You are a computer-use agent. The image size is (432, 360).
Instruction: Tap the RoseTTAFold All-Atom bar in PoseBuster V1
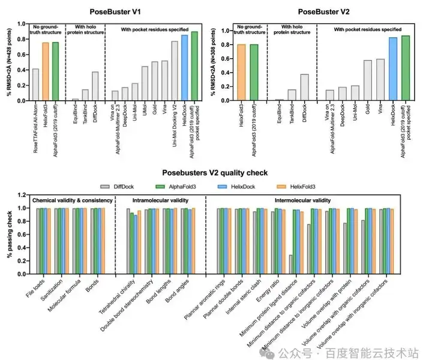(35, 84)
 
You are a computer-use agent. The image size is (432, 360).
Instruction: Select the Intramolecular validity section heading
(159, 200)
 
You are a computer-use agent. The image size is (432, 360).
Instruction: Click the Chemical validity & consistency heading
(72, 200)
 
